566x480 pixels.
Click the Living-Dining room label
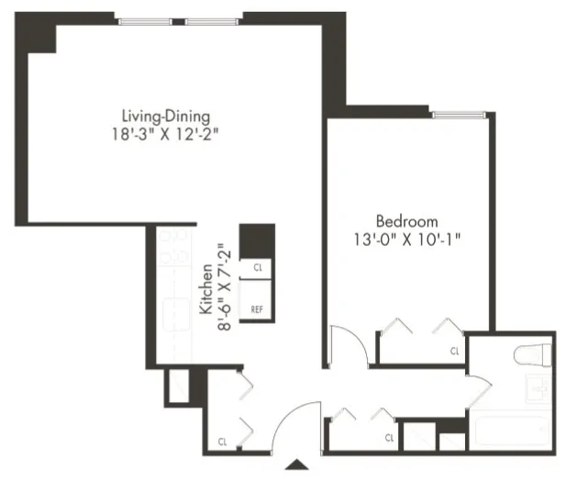[167, 117]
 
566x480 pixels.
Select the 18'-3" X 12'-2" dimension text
[167, 133]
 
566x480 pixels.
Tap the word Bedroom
[406, 221]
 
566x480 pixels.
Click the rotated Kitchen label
[207, 291]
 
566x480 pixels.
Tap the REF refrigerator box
[258, 310]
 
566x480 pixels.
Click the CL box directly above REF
[258, 267]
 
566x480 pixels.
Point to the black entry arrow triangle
[298, 466]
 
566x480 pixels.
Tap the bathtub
[510, 430]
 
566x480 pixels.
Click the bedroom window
[459, 115]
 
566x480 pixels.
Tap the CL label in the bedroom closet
[454, 351]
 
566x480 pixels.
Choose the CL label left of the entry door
[223, 441]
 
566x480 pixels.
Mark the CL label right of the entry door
[388, 437]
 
